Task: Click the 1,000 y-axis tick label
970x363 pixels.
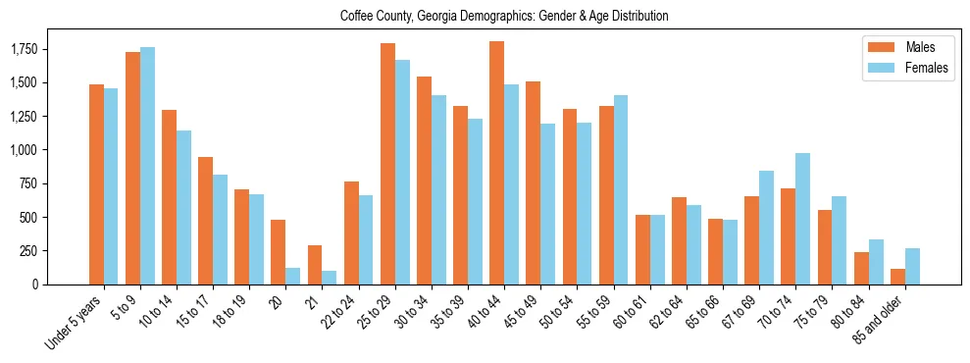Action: click(x=24, y=150)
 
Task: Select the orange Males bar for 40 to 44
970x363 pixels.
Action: click(x=497, y=163)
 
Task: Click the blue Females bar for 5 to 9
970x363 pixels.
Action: click(x=148, y=166)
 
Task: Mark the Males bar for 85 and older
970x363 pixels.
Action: click(x=897, y=277)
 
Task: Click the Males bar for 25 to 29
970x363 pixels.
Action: click(x=387, y=164)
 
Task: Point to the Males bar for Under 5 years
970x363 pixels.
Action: click(x=96, y=184)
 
